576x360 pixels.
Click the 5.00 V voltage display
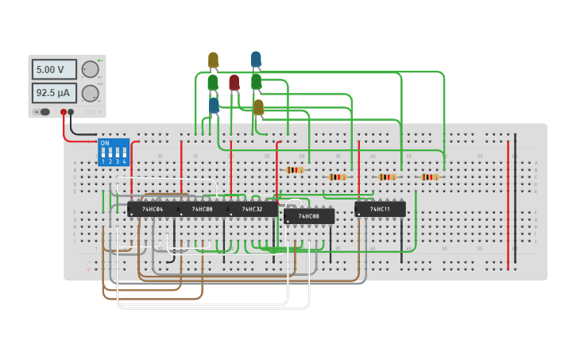[54, 69]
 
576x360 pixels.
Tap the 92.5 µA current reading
[54, 93]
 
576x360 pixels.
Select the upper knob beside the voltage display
[90, 69]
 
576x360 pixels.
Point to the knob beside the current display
[90, 93]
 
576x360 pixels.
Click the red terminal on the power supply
[64, 112]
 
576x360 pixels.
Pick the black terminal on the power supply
[72, 112]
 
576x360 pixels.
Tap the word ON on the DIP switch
[104, 144]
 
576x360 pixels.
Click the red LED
[234, 82]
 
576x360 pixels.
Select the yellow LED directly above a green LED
[213, 60]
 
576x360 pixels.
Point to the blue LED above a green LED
[256, 59]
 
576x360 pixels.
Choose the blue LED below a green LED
[214, 105]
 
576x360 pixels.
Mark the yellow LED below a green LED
[258, 106]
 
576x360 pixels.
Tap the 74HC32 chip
[253, 209]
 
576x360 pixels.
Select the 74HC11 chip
[380, 209]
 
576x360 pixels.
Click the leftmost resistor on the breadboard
[295, 169]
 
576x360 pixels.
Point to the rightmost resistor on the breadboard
[430, 177]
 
